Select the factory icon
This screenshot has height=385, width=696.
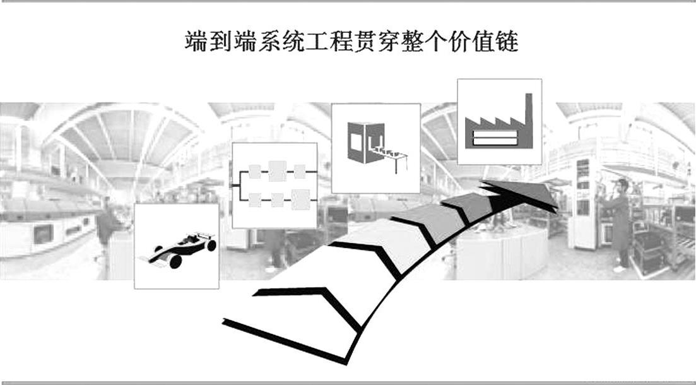498,122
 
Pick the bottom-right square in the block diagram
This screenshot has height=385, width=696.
300,199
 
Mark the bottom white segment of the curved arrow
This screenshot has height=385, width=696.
297,328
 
